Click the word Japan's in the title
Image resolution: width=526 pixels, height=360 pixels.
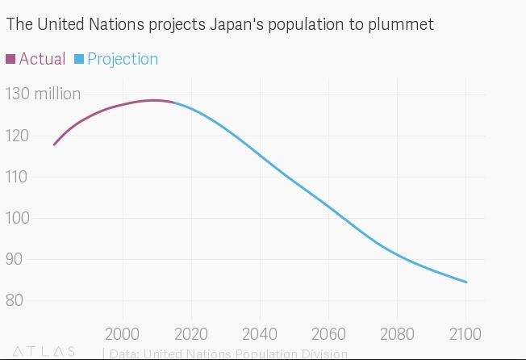point(237,25)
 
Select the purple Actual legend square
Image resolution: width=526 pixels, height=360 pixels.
point(10,59)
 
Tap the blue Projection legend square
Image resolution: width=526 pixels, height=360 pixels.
point(78,59)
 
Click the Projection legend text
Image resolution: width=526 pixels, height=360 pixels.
point(123,59)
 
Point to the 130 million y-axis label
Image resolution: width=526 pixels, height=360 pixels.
point(43,94)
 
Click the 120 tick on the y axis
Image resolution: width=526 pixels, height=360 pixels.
point(17,136)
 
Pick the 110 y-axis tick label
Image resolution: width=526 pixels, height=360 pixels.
point(17,177)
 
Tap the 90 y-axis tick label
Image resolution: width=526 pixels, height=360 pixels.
point(17,259)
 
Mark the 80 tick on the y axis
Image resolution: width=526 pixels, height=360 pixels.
point(17,300)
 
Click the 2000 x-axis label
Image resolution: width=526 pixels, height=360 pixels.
point(123,334)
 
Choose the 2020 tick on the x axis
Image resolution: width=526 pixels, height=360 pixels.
point(191,334)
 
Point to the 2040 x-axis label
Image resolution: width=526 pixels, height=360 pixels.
point(260,334)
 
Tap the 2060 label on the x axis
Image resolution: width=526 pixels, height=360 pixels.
point(328,334)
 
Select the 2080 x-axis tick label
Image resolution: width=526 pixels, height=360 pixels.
point(397,334)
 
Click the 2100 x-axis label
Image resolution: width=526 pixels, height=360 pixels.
point(465,334)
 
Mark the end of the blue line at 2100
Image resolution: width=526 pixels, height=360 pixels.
point(466,283)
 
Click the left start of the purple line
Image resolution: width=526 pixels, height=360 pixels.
point(54,144)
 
